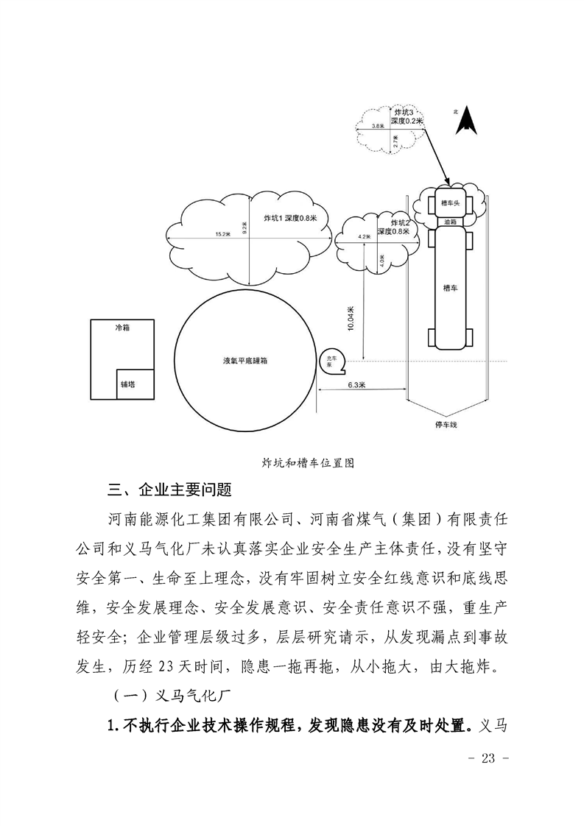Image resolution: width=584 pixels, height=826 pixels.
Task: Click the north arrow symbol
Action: (466, 122)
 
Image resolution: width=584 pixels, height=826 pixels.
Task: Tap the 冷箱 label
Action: (122, 328)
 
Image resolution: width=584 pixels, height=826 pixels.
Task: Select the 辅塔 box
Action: (136, 384)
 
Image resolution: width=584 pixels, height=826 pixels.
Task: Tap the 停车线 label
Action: (446, 424)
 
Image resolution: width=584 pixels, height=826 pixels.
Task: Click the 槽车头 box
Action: (450, 202)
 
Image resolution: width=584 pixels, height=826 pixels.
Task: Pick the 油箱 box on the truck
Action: (450, 222)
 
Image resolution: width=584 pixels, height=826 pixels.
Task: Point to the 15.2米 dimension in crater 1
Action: (222, 234)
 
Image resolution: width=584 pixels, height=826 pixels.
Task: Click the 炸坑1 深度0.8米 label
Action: (290, 218)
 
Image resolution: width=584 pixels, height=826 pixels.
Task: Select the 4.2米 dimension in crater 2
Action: (364, 237)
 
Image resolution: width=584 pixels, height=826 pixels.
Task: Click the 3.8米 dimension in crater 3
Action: (377, 125)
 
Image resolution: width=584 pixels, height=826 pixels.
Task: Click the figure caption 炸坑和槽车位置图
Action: (308, 463)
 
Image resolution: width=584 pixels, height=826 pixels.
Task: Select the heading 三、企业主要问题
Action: (169, 490)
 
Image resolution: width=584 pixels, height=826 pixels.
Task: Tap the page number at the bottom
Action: (488, 758)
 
